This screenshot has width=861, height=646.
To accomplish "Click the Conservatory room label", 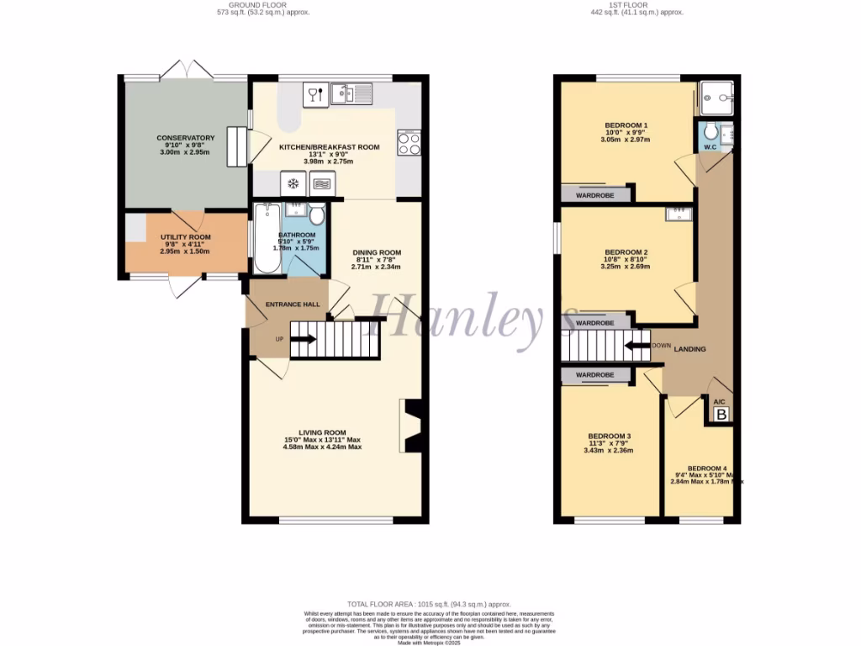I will (x=186, y=138).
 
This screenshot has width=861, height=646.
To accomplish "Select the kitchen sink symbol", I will (x=346, y=93).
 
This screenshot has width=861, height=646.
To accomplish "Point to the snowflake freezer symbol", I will (x=293, y=183).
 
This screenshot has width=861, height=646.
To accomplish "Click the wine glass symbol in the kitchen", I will (x=313, y=93).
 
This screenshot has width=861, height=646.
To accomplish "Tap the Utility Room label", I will (x=186, y=238).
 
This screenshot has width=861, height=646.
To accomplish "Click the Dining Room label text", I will (x=376, y=252).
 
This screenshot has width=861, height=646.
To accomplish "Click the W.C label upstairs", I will (x=709, y=148).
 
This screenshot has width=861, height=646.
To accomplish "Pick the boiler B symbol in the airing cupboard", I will (x=721, y=414).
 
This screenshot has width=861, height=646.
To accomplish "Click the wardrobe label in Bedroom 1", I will (x=594, y=195).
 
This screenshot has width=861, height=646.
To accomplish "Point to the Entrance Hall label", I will (x=292, y=304).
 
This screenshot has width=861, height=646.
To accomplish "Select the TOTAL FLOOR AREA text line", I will (x=430, y=605).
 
